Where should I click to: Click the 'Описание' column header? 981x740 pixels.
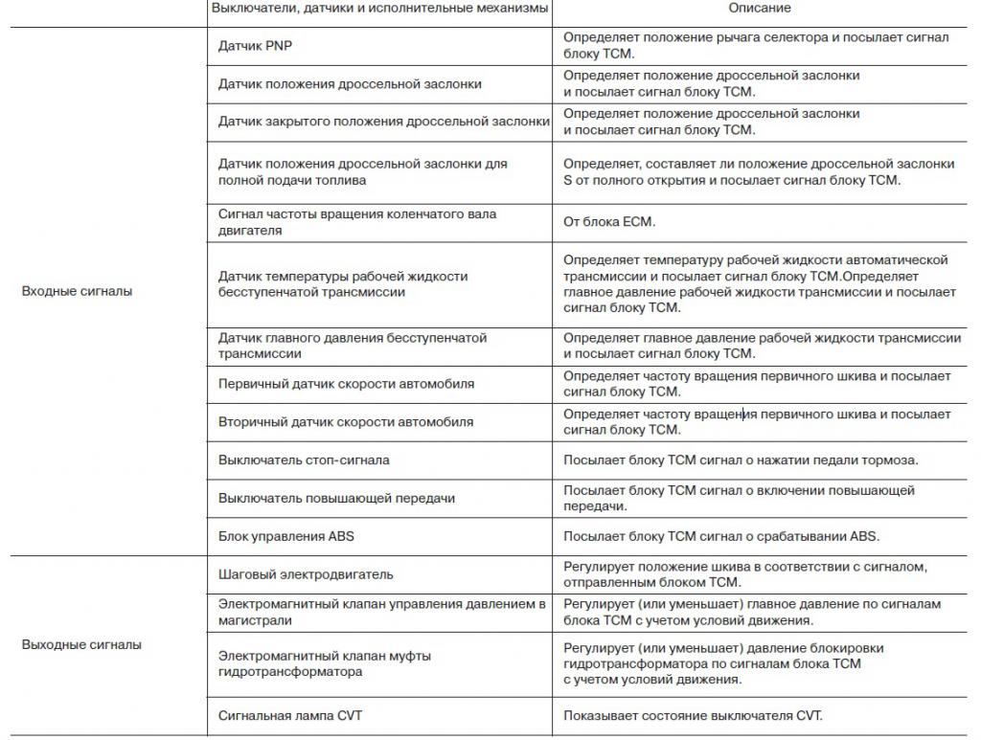760,9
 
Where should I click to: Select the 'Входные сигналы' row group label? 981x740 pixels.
77,291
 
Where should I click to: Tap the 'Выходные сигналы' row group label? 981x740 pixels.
81,644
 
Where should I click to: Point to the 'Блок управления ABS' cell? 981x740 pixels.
285,536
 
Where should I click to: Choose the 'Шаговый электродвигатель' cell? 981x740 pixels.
306,574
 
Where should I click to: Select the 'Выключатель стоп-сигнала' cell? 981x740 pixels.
304,460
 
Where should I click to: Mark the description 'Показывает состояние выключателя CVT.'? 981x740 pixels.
693,715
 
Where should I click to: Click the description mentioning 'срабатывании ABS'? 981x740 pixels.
720,536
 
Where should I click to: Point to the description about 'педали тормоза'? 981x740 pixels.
741,460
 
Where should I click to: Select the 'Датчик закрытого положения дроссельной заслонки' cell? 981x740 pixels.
383,122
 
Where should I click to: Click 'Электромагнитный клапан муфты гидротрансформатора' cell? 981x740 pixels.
324,663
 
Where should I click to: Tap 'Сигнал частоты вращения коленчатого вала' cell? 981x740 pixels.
356,222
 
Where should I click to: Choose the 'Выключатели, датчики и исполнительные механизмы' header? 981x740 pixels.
379,9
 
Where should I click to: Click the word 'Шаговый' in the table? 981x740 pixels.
245,574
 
